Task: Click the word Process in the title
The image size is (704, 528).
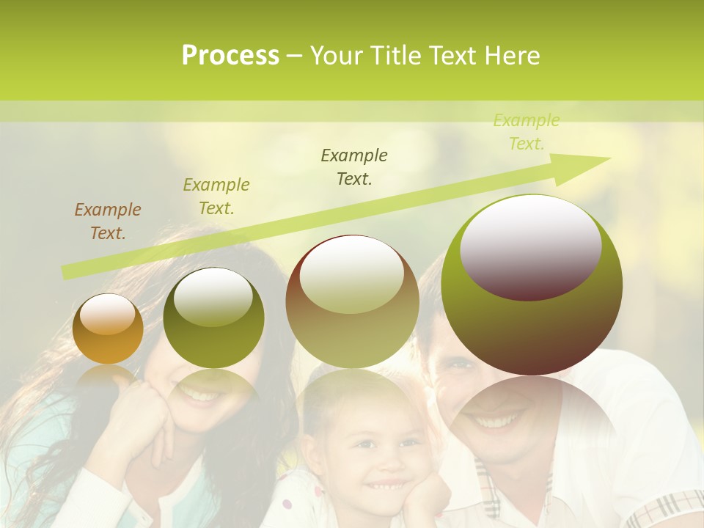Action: pyautogui.click(x=230, y=56)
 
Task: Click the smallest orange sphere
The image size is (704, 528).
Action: pyautogui.click(x=108, y=329)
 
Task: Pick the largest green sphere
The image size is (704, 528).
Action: pyautogui.click(x=532, y=285)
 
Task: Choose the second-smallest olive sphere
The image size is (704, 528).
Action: pyautogui.click(x=213, y=318)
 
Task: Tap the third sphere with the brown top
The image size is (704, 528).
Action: pyautogui.click(x=352, y=301)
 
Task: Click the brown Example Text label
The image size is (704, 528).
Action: pyautogui.click(x=108, y=221)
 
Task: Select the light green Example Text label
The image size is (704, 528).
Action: pyautogui.click(x=526, y=132)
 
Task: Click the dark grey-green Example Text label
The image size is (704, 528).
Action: pyautogui.click(x=354, y=167)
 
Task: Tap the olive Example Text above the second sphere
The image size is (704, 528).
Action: pyautogui.click(x=216, y=197)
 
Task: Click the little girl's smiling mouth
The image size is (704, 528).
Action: pyautogui.click(x=388, y=485)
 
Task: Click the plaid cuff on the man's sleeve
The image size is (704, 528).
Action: pyautogui.click(x=671, y=509)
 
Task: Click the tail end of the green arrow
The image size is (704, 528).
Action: pyautogui.click(x=67, y=273)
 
